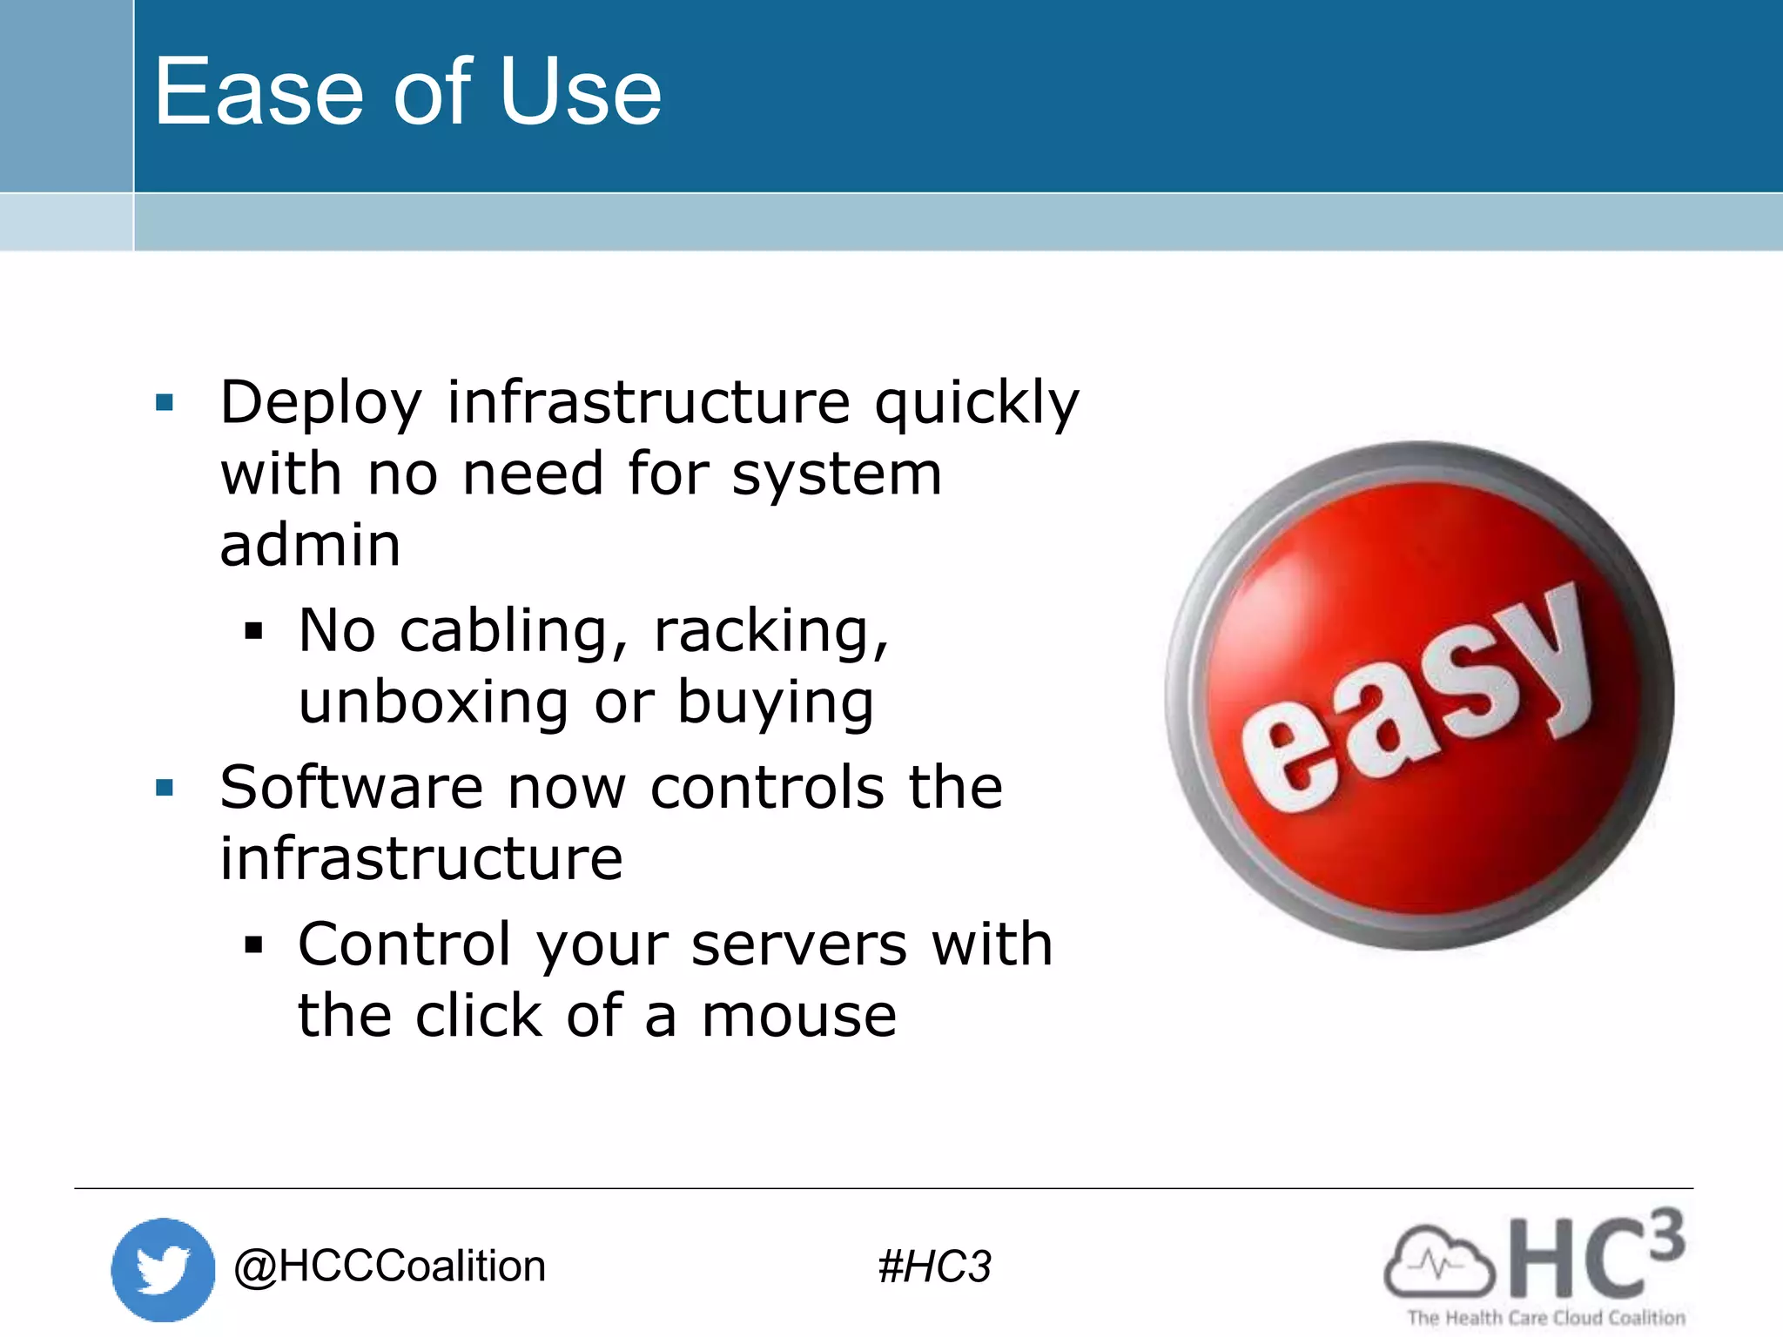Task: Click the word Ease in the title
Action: [259, 92]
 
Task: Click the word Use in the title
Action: [581, 92]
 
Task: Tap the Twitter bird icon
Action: [163, 1269]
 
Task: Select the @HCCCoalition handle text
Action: [389, 1266]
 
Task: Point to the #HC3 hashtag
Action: [934, 1266]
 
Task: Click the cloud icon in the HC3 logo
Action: [1438, 1262]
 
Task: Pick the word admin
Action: [310, 546]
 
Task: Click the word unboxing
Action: [434, 702]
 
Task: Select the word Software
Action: [351, 788]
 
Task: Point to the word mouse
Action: [798, 1016]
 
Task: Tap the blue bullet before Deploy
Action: [165, 402]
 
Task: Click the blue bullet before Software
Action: [165, 788]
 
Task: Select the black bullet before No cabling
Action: [253, 630]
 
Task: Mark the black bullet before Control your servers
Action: [253, 944]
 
